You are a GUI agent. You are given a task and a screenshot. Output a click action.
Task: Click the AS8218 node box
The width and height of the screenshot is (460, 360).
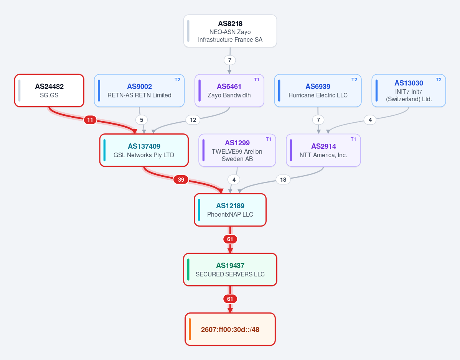coord(230,31)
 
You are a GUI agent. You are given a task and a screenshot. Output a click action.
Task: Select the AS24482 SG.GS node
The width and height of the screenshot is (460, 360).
coord(49,90)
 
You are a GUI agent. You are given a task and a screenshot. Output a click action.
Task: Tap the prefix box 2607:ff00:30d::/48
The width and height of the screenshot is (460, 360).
coord(230,329)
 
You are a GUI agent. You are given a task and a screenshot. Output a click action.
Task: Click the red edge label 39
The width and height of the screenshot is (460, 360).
coord(181,179)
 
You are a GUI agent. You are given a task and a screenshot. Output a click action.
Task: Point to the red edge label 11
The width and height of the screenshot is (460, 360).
coord(90,120)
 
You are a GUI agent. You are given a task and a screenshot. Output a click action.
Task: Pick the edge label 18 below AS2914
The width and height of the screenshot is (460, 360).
coord(283,179)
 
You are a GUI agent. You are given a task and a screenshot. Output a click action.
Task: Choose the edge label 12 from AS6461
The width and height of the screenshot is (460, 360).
coord(193,120)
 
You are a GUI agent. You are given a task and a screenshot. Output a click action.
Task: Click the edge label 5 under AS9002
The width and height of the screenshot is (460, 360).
coord(142,120)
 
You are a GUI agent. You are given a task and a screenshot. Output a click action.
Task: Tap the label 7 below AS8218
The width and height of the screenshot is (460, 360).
coord(230,60)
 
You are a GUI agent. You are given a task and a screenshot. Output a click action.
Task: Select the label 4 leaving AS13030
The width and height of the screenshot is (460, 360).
coord(370,120)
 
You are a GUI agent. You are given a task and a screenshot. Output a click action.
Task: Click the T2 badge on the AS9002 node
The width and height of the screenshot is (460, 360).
coord(177,80)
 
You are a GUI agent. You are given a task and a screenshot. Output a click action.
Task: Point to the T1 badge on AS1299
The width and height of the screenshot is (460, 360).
coord(269,139)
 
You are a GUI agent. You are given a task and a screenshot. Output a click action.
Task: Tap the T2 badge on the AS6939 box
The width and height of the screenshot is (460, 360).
coord(354,80)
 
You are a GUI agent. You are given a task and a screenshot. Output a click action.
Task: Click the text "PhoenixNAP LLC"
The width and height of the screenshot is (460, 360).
coord(230,214)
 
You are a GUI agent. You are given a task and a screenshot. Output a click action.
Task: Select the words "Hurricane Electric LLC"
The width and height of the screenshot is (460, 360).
coord(318,95)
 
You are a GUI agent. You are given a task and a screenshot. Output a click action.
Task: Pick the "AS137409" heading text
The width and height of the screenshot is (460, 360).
coord(144,146)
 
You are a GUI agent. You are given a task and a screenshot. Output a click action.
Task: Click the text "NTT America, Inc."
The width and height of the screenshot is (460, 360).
coord(323,155)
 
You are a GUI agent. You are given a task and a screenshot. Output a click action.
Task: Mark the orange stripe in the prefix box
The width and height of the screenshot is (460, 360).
coord(190,329)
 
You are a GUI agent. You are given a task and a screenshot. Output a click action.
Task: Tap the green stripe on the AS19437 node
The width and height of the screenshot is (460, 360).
coord(188,270)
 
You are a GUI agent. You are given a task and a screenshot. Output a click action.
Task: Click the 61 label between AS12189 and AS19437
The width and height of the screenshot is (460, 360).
coord(230,239)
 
